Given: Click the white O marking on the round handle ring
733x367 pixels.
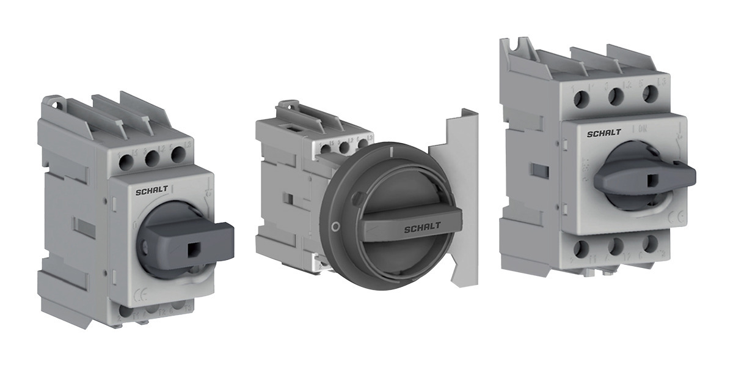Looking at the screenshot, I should [334, 227].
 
